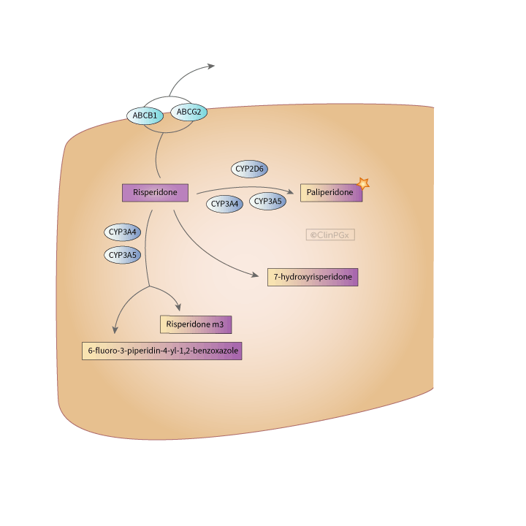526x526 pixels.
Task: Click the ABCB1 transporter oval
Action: (145, 115)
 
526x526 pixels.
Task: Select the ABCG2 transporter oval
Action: (188, 112)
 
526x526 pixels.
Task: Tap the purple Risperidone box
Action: (155, 192)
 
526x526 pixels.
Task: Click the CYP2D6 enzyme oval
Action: (250, 169)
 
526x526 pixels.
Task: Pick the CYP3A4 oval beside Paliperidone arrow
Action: (225, 205)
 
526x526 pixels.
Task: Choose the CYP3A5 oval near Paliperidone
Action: (268, 201)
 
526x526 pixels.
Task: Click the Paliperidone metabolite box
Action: (331, 192)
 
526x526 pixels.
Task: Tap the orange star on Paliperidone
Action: (362, 184)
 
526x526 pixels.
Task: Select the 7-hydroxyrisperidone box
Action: (313, 277)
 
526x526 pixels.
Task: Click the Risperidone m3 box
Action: (196, 324)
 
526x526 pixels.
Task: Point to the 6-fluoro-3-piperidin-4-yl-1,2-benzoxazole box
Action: (161, 351)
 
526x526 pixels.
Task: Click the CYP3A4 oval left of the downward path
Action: (123, 232)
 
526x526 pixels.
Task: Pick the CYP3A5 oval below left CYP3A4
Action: (123, 255)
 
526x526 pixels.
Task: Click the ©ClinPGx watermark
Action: (330, 235)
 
